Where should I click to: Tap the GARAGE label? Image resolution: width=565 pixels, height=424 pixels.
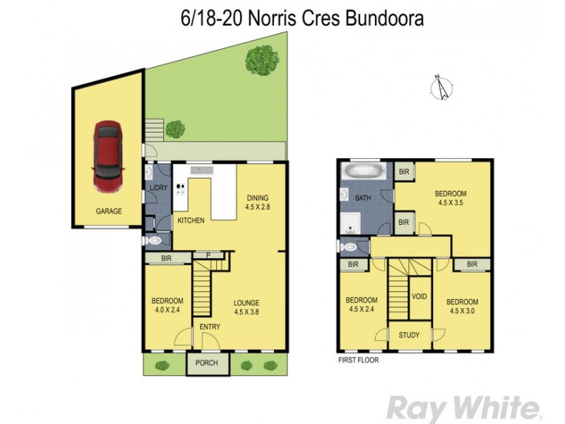(109, 211)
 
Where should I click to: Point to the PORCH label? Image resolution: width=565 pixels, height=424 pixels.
(207, 364)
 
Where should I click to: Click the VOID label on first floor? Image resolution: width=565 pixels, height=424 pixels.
(419, 296)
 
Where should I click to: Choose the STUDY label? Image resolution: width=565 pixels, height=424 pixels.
(409, 335)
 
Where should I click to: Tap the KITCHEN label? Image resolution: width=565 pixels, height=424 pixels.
(191, 220)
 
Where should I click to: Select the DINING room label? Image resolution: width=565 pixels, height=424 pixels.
(257, 197)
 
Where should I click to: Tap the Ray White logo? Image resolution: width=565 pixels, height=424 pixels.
(463, 408)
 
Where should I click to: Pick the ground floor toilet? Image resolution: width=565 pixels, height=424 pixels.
(154, 241)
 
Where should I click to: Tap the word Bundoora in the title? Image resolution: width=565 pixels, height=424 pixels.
(384, 19)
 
